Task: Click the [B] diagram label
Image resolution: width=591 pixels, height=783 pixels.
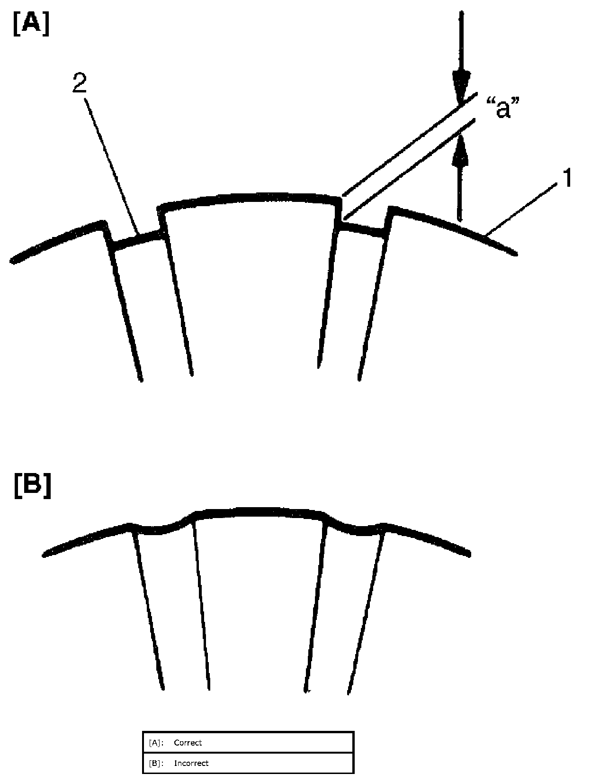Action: pos(32,488)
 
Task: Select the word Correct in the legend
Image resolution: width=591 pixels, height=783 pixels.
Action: pos(188,743)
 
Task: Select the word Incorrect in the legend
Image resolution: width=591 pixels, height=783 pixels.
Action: pos(191,763)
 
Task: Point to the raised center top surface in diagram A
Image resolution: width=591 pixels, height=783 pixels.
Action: pos(251,197)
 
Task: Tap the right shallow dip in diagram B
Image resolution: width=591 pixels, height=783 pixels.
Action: pos(355,528)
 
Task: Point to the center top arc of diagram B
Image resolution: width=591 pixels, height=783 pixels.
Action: pos(258,511)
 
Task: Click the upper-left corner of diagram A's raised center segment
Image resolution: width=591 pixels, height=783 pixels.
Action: pos(160,207)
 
